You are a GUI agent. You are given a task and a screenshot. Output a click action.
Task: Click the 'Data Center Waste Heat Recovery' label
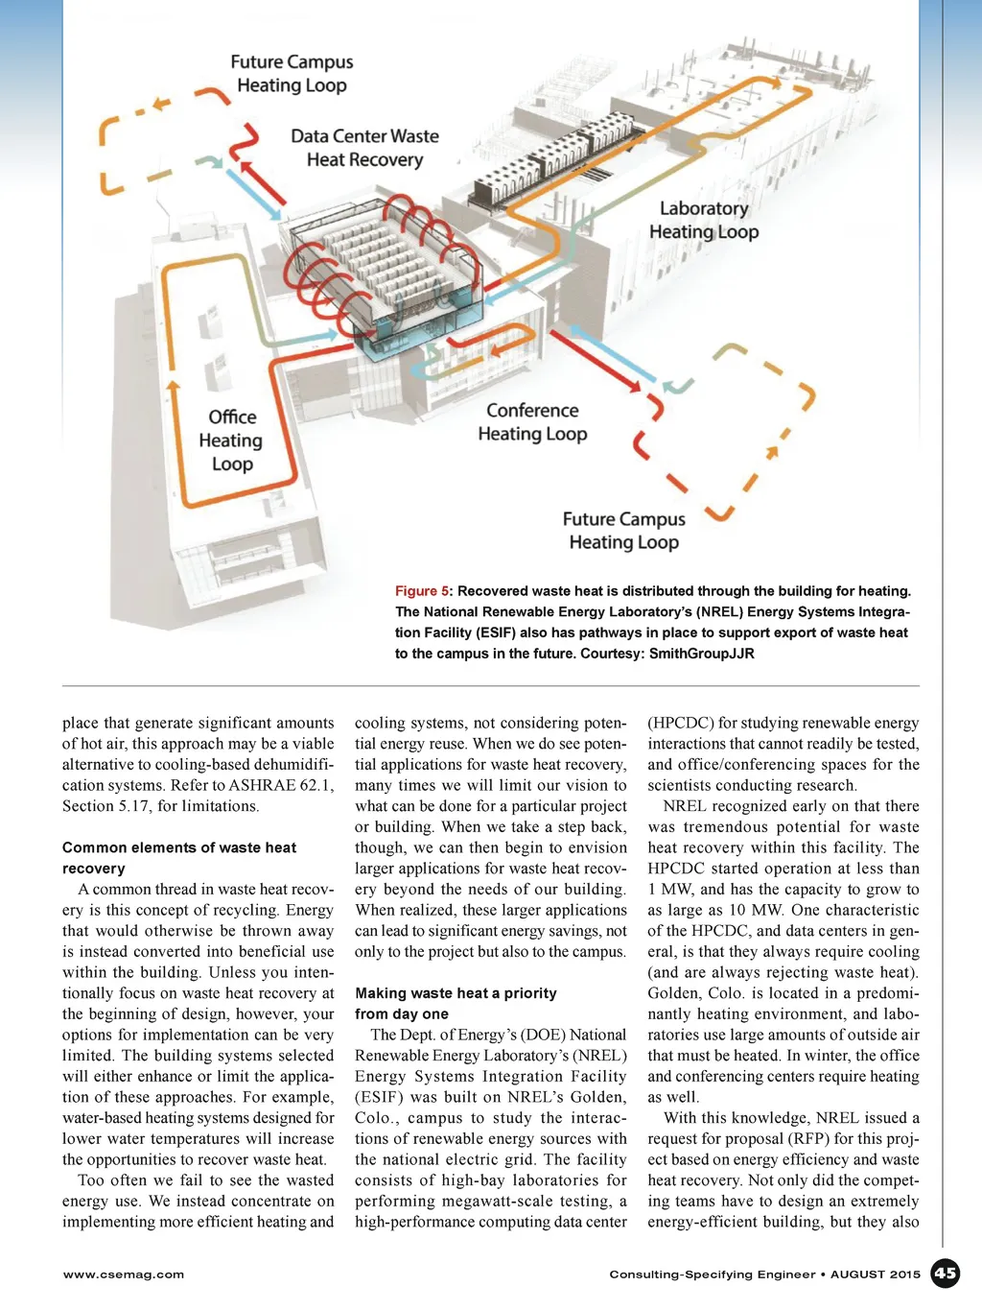point(365,148)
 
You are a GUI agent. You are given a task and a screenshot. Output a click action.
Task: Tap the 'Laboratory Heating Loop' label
point(704,220)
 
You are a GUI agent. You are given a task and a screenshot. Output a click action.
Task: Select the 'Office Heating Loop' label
point(231,440)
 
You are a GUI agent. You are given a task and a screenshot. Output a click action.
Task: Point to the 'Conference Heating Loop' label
point(532,422)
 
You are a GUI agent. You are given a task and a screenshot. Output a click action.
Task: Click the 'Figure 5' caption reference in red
point(422,591)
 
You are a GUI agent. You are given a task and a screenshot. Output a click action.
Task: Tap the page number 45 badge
point(946,1274)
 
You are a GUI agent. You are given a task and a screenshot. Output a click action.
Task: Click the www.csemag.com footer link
point(124,1274)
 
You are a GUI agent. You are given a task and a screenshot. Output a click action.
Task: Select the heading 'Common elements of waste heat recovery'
point(179,858)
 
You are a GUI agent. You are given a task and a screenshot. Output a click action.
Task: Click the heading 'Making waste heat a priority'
point(456,993)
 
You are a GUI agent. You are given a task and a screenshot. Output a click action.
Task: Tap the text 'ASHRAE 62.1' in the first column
point(281,785)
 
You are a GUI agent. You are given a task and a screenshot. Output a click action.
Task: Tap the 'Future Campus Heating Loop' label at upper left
point(292,73)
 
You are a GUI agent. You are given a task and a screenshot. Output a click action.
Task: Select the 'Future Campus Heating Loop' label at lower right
point(623,531)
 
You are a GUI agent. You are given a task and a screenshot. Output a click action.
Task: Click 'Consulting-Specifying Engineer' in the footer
point(712,1274)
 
